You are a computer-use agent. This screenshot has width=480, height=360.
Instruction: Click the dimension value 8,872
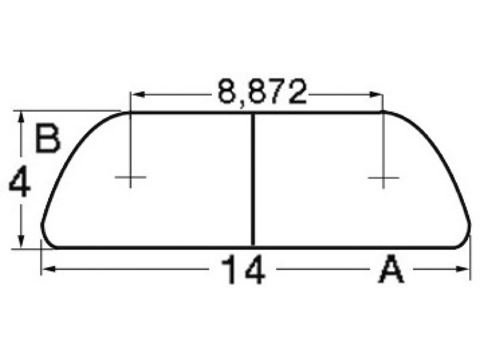[x=262, y=92]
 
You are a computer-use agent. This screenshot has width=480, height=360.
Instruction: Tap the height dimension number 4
[x=20, y=184]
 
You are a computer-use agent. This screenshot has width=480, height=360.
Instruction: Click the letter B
[x=47, y=138]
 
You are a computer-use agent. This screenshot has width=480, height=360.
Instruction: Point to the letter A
[x=392, y=270]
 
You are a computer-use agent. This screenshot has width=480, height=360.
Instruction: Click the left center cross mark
[x=130, y=177]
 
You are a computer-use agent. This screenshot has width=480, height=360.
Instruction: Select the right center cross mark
[x=383, y=178]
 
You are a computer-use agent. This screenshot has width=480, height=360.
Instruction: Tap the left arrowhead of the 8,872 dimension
[x=138, y=94]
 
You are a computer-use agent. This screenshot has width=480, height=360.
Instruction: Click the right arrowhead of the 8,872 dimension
[x=376, y=94]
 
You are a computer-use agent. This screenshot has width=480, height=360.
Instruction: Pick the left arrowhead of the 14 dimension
[x=49, y=269]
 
